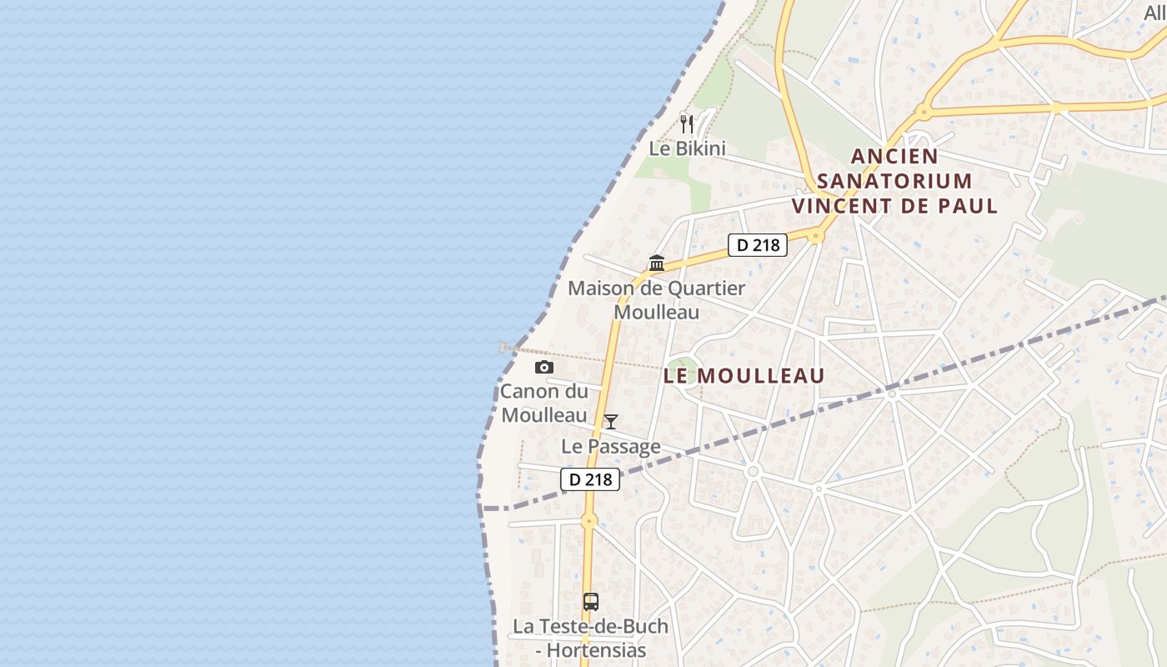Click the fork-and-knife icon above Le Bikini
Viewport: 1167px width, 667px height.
pos(687,124)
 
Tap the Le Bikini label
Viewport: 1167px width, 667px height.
pos(688,149)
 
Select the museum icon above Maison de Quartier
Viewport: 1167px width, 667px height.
pos(657,263)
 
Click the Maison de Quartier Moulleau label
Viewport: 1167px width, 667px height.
pos(657,300)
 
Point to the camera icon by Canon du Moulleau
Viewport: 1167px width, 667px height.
pos(543,367)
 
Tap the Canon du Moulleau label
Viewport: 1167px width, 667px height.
pos(544,403)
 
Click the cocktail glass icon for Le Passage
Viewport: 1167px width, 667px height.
pos(611,422)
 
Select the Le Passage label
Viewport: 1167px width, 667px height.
pos(611,447)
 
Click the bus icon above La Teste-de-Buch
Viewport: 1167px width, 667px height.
pos(591,601)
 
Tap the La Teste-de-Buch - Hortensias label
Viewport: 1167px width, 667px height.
pos(591,638)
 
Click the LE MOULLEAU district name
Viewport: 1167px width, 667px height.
pos(744,376)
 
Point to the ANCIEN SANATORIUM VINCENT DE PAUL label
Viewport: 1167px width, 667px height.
pos(894,181)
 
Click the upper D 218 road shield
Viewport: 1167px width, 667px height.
pos(758,245)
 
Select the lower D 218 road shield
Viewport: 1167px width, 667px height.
pos(590,479)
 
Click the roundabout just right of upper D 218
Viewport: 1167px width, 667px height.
pos(816,237)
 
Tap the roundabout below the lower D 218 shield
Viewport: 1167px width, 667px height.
pos(589,522)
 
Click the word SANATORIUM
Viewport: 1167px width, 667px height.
pos(894,181)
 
